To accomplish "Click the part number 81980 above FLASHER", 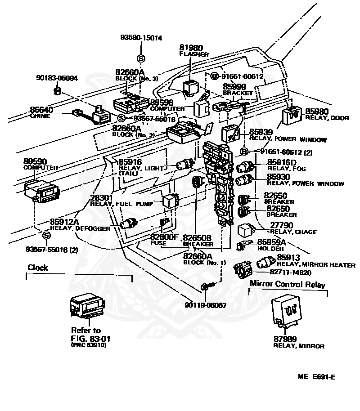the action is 191,48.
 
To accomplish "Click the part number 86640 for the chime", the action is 41,110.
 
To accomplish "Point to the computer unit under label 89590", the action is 42,192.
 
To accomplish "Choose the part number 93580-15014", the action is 141,37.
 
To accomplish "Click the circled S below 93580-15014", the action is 141,58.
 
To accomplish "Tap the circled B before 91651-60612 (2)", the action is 244,152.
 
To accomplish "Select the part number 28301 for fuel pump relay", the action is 102,198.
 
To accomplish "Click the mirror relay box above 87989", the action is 287,311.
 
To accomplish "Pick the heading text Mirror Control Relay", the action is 288,284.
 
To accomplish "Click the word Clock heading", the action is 38,268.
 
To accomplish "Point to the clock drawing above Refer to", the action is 87,305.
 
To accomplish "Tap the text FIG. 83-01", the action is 90,339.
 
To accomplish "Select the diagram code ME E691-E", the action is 316,377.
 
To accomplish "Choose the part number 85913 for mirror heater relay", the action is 288,257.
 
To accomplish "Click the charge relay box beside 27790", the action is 246,230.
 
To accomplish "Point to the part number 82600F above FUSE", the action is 164,237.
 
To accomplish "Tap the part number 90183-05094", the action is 57,78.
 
